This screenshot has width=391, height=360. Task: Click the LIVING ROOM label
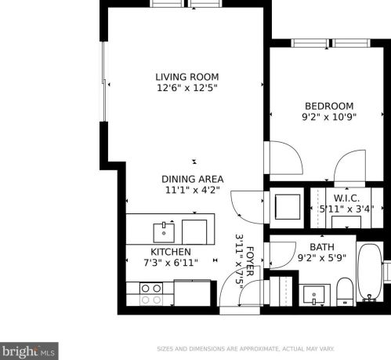point(186,77)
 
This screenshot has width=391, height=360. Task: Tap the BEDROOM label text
point(329,106)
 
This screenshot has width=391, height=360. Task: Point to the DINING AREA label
point(193,179)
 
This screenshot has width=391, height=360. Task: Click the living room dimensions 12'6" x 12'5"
point(186,89)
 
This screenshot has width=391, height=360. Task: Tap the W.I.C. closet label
point(346,198)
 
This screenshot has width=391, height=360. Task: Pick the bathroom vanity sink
point(315,296)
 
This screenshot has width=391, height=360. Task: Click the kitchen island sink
point(165,231)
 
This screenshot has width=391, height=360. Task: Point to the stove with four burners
point(150,293)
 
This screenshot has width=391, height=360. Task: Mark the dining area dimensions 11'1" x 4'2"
point(193,190)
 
